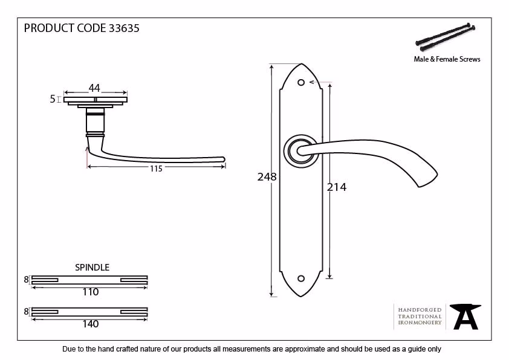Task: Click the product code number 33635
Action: (124, 28)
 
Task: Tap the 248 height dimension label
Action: (267, 177)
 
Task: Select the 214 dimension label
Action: (337, 187)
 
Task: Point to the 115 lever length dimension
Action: (156, 169)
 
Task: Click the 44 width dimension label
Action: (94, 88)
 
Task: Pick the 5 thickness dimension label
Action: (53, 99)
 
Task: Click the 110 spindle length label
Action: (91, 292)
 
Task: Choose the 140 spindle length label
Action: (91, 324)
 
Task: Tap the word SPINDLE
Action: (92, 268)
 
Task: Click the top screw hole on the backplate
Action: (301, 82)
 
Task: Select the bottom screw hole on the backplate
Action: (301, 278)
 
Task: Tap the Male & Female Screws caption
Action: (447, 59)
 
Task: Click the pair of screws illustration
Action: (446, 37)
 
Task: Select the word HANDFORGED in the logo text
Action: (420, 310)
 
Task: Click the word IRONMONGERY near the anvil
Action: (420, 323)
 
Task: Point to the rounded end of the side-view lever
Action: (222, 159)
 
